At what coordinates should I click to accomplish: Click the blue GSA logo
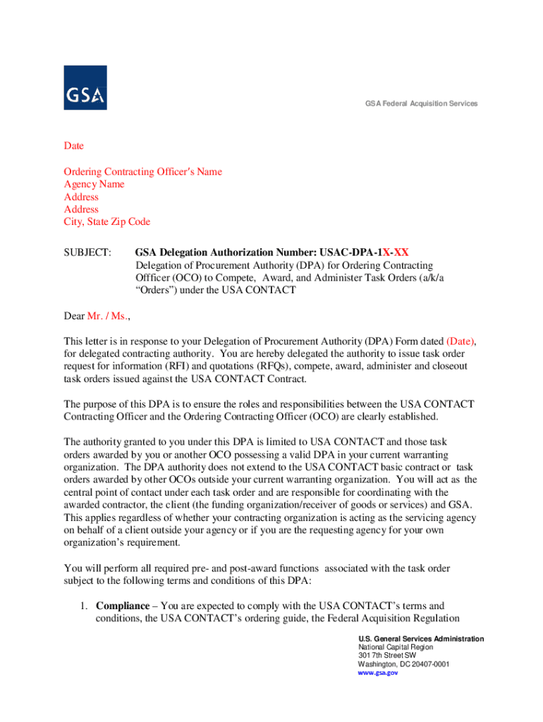(x=85, y=87)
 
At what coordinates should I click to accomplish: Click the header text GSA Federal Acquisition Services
(x=421, y=104)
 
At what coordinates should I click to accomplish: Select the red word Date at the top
(x=74, y=146)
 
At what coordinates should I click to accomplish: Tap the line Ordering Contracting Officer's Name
(x=142, y=171)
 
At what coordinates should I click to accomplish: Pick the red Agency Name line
(x=94, y=184)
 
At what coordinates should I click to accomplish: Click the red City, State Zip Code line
(x=106, y=222)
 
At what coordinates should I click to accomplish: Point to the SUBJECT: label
(x=87, y=252)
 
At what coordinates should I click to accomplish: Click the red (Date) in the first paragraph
(x=460, y=341)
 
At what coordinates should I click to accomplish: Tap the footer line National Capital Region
(x=396, y=647)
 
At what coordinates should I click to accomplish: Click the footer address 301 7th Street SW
(x=392, y=656)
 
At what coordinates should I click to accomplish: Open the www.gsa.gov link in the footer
(x=378, y=673)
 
